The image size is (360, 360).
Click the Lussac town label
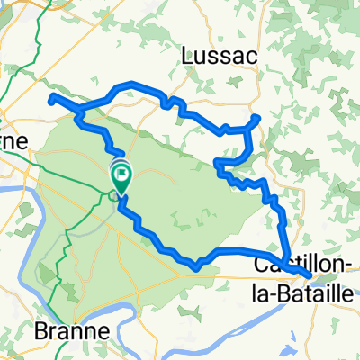[x=219, y=55]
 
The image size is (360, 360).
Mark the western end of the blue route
[x=51, y=97]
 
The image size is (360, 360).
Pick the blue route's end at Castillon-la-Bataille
[x=308, y=272]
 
